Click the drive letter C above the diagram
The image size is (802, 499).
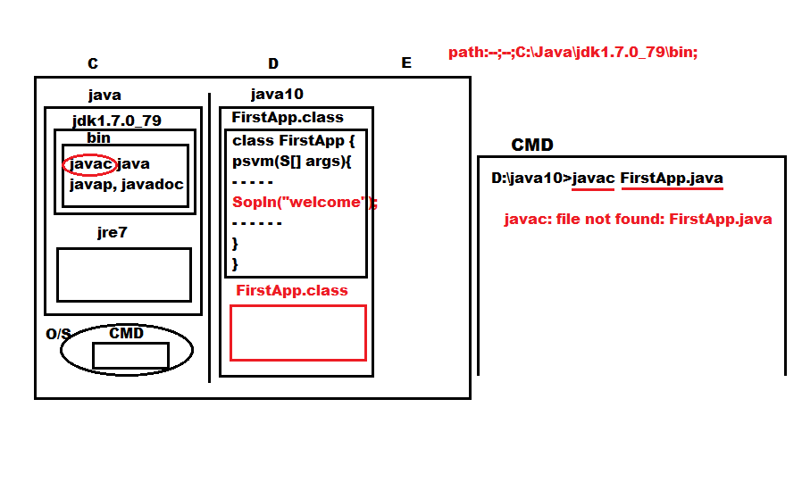93,63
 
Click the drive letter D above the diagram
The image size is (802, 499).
273,63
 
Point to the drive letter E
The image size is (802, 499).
406,62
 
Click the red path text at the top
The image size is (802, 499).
572,52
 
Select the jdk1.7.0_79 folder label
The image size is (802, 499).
117,121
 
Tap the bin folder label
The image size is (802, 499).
98,137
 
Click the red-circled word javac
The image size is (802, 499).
90,163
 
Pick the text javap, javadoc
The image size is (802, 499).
126,185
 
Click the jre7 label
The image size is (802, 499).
112,233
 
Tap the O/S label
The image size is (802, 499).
58,334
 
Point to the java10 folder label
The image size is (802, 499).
277,94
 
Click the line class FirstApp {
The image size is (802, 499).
293,141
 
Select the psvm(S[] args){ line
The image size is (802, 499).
291,162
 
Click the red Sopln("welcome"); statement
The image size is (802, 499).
305,202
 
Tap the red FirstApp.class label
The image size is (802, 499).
291,290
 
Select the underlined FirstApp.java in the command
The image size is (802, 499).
672,178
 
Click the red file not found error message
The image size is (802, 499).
638,219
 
